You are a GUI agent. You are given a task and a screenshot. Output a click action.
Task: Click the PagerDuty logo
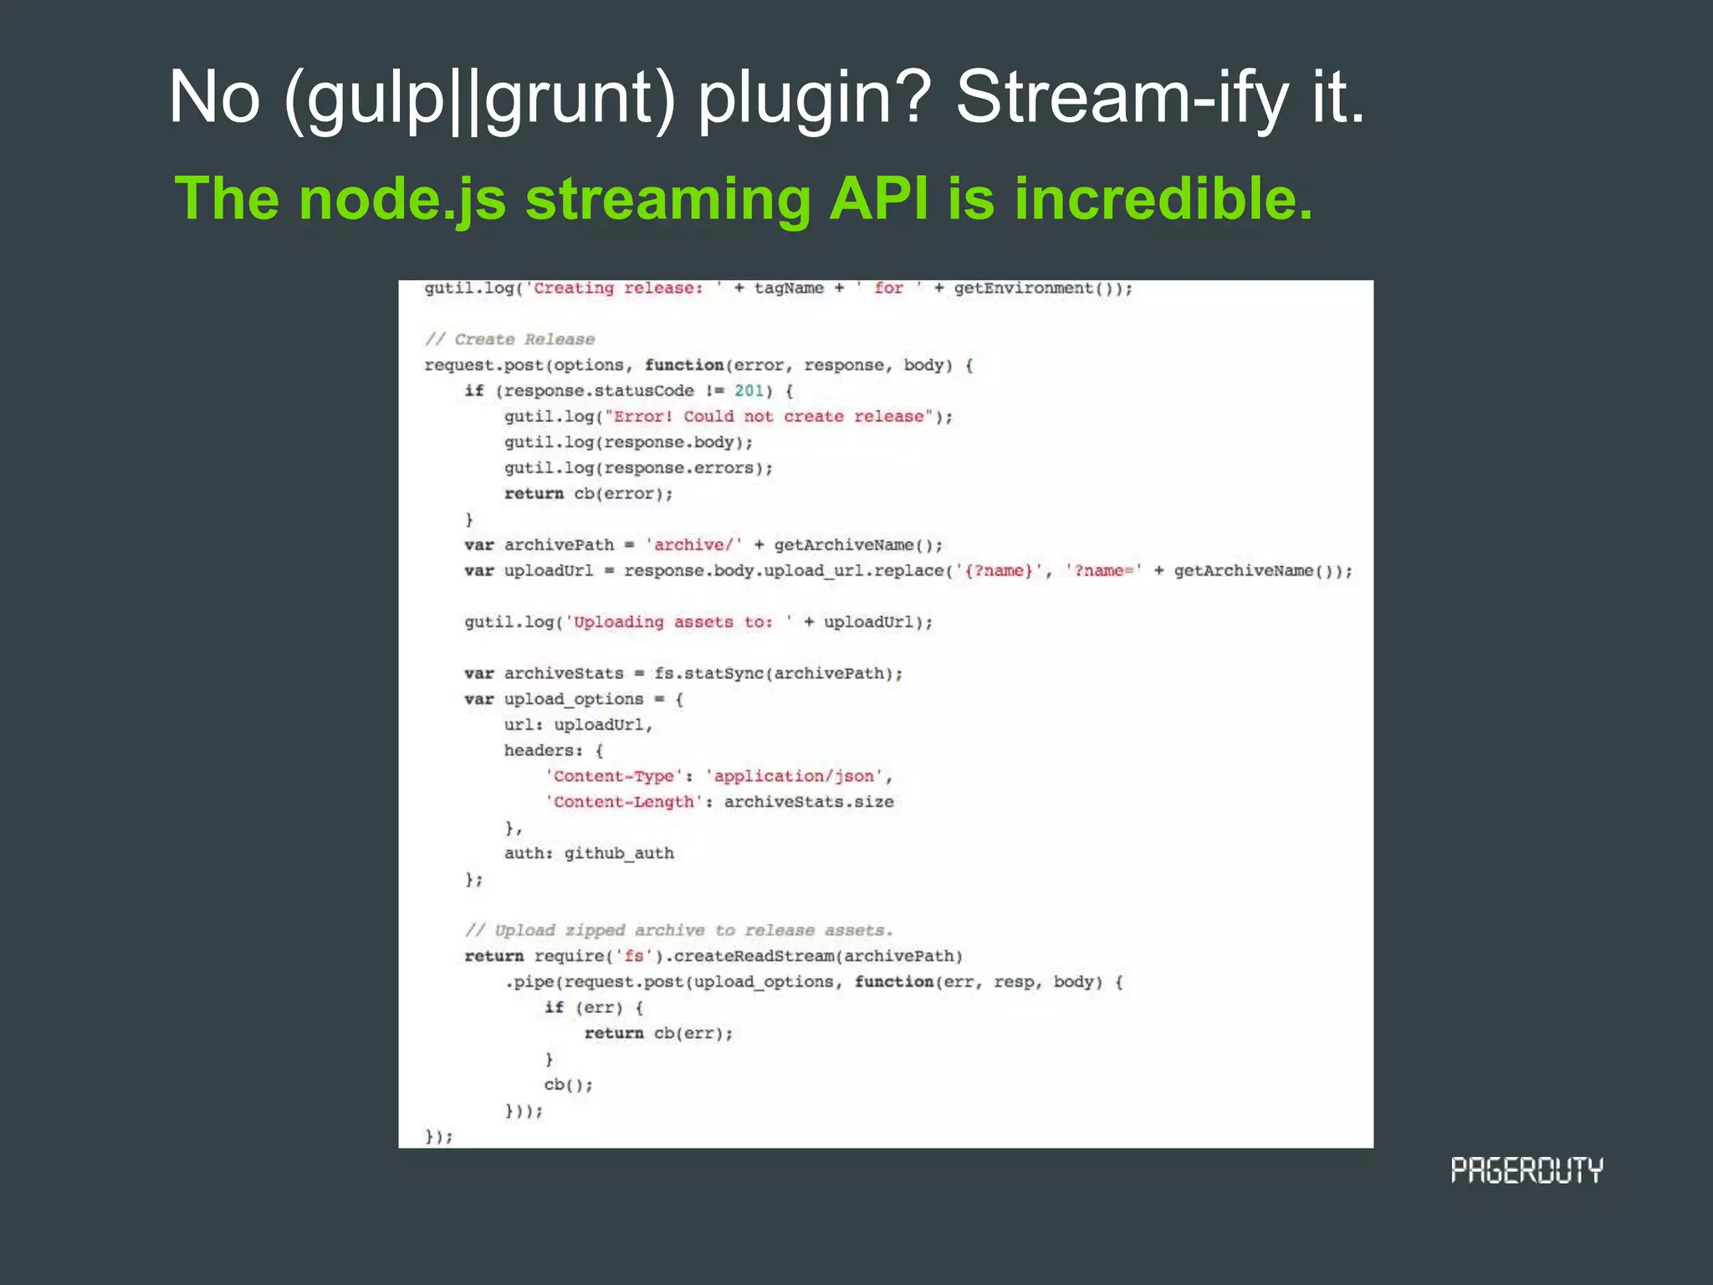coord(1526,1170)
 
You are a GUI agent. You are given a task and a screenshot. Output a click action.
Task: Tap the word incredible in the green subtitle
coord(1163,199)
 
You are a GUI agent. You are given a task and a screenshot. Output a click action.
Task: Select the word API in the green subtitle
coord(878,199)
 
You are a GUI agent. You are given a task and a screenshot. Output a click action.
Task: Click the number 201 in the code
coord(749,391)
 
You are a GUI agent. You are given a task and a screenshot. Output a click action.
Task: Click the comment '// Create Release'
coord(509,339)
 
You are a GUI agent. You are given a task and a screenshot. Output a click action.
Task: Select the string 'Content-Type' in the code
coord(613,776)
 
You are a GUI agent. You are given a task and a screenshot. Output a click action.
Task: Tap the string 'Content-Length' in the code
coord(623,802)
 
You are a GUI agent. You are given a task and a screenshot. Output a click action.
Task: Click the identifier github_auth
coord(619,853)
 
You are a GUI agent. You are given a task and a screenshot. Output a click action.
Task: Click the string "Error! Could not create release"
coord(769,417)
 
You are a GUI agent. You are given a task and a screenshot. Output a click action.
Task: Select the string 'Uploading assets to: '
coord(678,622)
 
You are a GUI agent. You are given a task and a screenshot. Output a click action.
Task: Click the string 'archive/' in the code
coord(693,545)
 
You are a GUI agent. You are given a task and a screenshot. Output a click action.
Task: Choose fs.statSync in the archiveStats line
coord(709,673)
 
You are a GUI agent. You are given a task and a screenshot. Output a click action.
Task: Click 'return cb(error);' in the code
coord(588,494)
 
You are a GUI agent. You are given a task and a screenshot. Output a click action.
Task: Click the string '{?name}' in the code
coord(999,571)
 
